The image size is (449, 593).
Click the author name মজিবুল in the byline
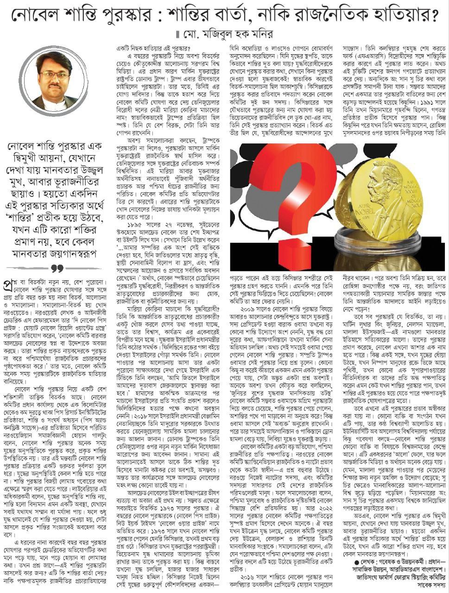[x=225, y=34]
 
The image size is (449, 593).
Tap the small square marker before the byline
[x=176, y=35]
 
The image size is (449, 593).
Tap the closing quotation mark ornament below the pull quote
[x=57, y=268]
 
